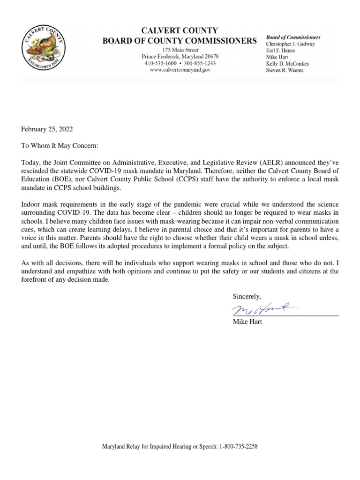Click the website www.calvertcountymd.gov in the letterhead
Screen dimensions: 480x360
tap(180, 70)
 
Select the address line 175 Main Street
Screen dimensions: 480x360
tap(180, 50)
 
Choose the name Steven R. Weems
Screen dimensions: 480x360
tap(285, 70)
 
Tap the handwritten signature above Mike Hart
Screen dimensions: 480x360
tap(262, 308)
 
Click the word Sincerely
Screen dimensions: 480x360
tap(247, 296)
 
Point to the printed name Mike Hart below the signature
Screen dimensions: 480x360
tap(247, 322)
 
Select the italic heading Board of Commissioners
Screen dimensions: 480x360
tap(293, 37)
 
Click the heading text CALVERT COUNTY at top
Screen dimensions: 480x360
tap(180, 31)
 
